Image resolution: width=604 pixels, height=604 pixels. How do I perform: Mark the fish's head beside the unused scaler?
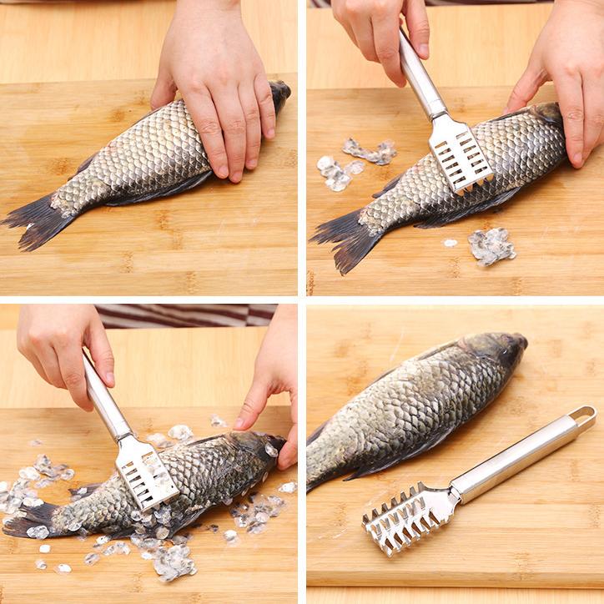(500, 350)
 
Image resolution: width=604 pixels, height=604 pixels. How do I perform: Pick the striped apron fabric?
(184, 315)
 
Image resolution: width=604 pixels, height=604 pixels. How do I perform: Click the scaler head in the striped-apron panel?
(145, 471)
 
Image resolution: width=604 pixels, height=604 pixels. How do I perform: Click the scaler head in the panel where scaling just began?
(460, 154)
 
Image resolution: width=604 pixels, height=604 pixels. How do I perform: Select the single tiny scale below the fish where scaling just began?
(450, 243)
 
